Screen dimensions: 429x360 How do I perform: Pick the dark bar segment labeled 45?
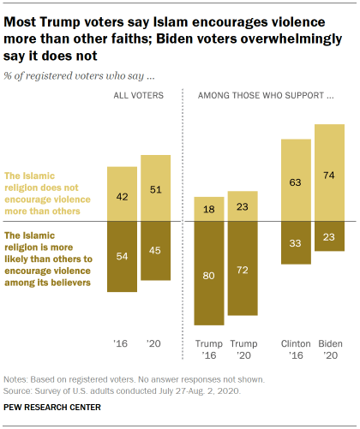pos(155,251)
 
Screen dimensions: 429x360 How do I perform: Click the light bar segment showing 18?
pos(209,208)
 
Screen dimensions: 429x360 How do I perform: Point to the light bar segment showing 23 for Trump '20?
pos(243,206)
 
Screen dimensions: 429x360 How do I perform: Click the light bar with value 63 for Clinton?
pos(296,182)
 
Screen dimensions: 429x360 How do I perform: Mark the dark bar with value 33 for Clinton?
pos(296,242)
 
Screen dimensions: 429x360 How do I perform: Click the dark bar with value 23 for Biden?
pos(329,235)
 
